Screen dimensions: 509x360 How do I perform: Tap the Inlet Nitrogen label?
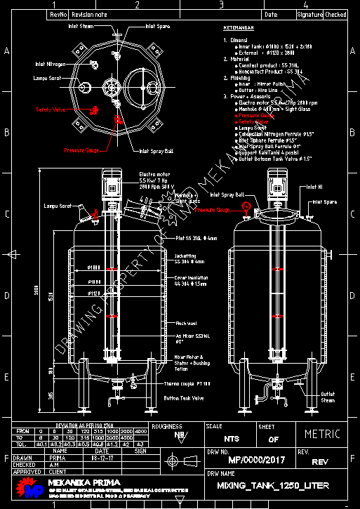tap(51, 64)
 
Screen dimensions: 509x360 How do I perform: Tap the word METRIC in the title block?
tap(322, 434)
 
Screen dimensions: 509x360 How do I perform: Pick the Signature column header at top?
tap(309, 14)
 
